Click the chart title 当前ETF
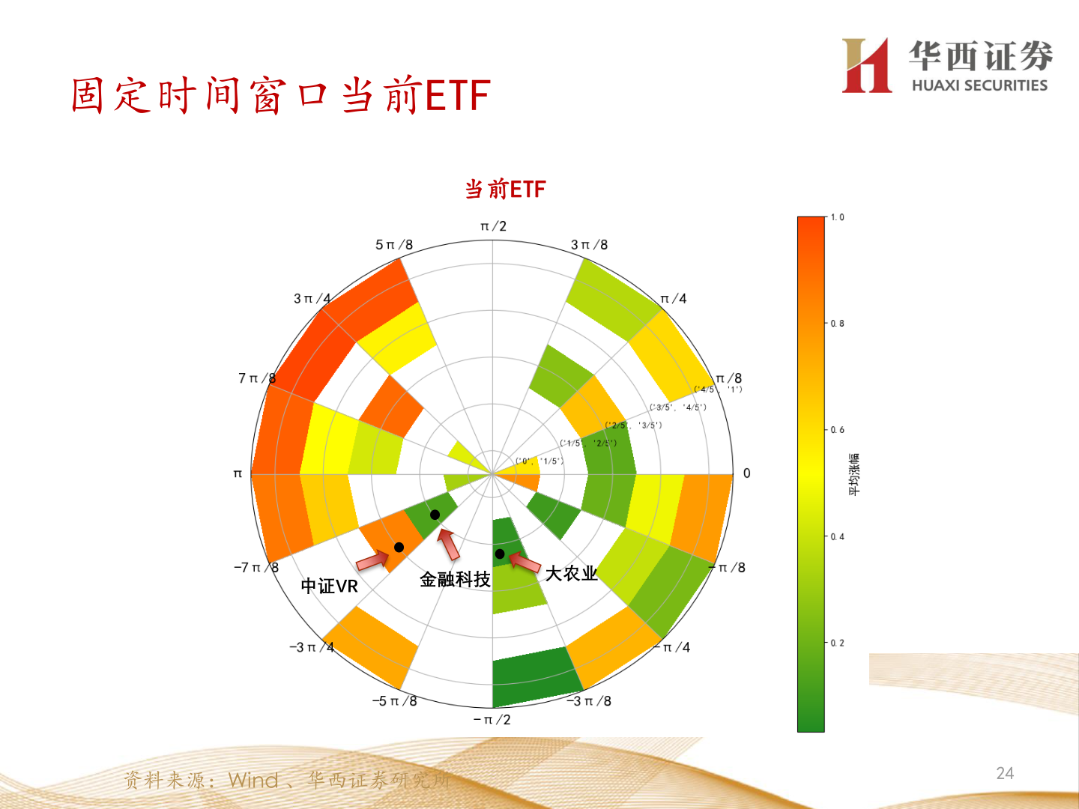(x=505, y=190)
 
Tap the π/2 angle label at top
(x=493, y=226)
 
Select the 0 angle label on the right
(x=746, y=473)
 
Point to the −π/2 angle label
(x=492, y=720)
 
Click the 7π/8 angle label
(x=256, y=378)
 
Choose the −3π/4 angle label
(x=312, y=647)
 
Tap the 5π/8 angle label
(x=394, y=245)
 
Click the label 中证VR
(x=330, y=586)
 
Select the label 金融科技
(x=455, y=579)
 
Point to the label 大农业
(x=571, y=574)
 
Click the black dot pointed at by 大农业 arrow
(x=500, y=554)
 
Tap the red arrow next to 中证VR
(x=372, y=560)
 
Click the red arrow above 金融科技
(x=449, y=545)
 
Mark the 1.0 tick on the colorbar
(x=837, y=218)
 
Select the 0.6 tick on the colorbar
(x=837, y=430)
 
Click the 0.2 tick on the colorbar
(x=837, y=643)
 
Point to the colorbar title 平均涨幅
(x=855, y=474)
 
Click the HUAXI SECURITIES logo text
(x=979, y=85)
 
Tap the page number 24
(x=1005, y=773)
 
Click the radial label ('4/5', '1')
(x=718, y=390)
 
